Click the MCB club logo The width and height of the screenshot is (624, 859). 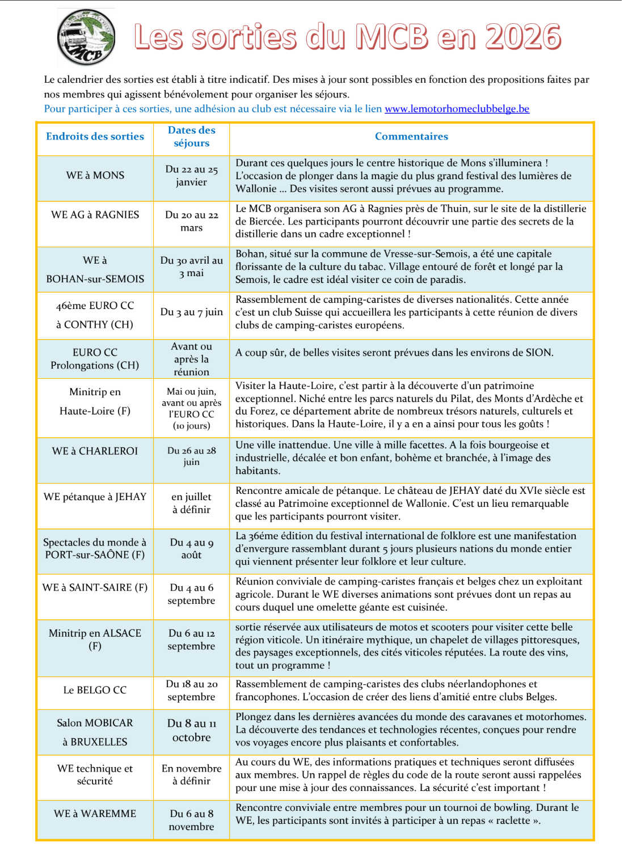(86, 37)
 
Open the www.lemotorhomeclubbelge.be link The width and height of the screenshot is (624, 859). (457, 109)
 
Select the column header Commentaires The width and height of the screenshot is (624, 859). (411, 137)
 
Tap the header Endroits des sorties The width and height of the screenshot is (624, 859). (95, 137)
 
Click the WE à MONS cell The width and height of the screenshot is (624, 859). (95, 176)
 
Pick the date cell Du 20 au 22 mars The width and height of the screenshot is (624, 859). (191, 221)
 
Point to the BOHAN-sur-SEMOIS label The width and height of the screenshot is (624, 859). (95, 279)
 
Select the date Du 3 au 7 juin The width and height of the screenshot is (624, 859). (191, 312)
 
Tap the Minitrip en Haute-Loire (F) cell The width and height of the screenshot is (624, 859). (95, 401)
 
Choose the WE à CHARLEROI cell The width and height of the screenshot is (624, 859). (95, 451)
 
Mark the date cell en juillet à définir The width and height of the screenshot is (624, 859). (191, 503)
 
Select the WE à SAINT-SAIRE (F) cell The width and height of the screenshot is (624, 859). (95, 588)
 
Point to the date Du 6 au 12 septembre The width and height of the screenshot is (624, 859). (191, 640)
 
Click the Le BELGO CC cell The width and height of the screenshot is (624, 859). (95, 691)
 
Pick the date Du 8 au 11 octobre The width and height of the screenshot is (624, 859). (191, 730)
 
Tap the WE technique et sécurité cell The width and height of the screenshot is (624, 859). (95, 775)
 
